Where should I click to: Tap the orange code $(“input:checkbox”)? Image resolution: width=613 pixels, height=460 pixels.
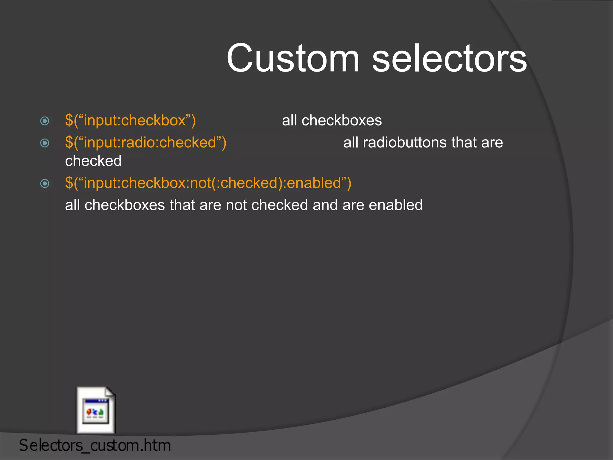point(130,120)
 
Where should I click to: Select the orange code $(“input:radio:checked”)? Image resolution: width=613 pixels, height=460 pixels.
point(145,143)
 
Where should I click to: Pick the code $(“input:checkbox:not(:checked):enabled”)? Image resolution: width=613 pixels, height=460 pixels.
point(208,183)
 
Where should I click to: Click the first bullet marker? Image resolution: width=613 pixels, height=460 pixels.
point(45,121)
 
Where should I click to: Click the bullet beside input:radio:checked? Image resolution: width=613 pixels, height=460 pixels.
point(45,143)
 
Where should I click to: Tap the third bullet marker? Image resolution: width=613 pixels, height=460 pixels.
point(45,183)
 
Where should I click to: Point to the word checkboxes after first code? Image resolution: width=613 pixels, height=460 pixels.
point(342,120)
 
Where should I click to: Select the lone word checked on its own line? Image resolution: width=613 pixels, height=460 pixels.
point(93,161)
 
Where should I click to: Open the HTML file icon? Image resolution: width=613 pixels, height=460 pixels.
point(96,410)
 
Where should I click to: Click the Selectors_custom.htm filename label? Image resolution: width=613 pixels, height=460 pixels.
point(95,445)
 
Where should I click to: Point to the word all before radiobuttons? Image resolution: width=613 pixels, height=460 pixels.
point(350,143)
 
